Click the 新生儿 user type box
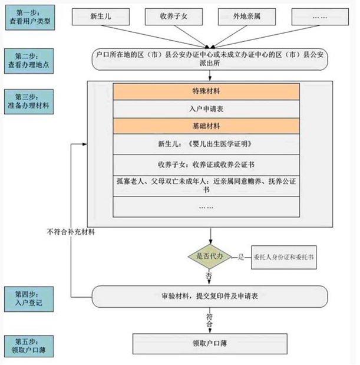click(x=100, y=17)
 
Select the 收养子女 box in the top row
click(x=173, y=17)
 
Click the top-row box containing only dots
click(x=319, y=17)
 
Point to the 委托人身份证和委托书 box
click(x=283, y=257)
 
